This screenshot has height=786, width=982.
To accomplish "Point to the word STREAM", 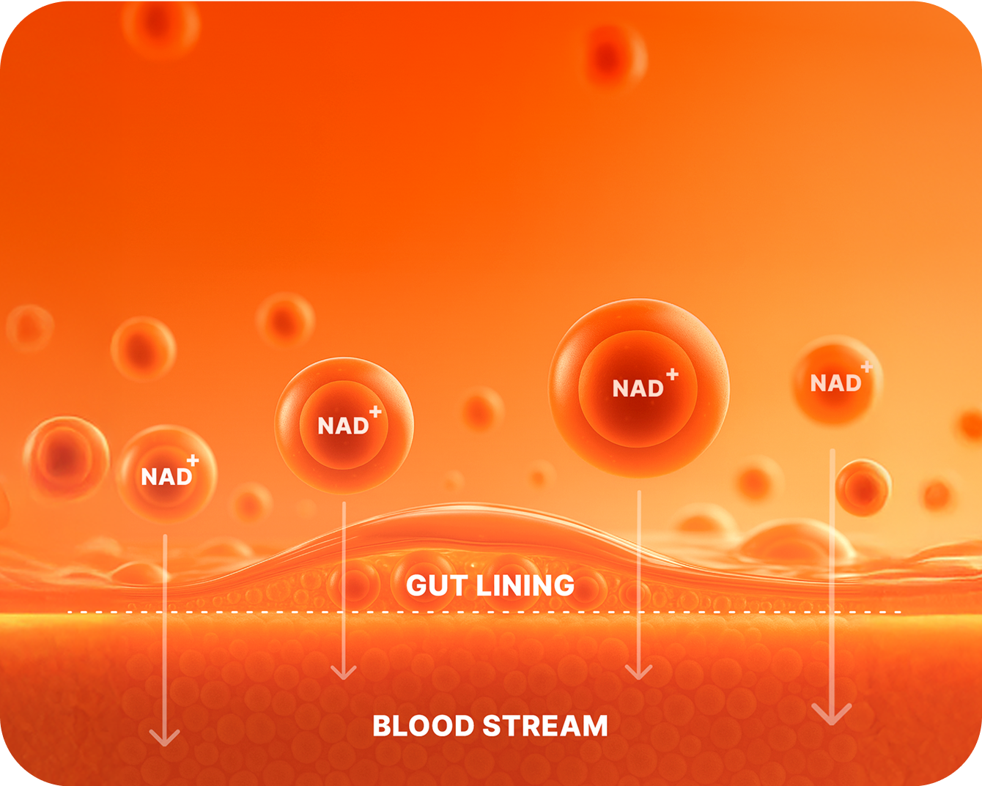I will tap(545, 726).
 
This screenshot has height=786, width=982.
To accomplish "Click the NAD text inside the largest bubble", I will tap(638, 388).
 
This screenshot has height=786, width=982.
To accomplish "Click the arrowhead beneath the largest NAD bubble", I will tap(639, 671).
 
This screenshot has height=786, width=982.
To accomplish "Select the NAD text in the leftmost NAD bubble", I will tap(166, 477).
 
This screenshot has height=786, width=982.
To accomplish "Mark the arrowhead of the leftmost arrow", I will tap(165, 737).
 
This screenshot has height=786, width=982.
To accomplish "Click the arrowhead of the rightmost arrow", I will tap(832, 713).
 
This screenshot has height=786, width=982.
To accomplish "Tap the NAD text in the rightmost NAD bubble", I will tap(835, 383).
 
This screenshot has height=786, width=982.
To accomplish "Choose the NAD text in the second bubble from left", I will tap(343, 426).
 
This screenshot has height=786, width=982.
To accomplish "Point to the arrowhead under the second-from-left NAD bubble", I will tap(344, 671).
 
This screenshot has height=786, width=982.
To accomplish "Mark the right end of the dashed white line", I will tap(900, 612).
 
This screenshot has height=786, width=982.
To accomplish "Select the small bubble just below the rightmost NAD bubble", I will tap(863, 487).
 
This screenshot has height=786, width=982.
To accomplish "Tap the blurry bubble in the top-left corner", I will tap(160, 26).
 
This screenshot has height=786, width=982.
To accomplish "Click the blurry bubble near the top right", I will tap(608, 55).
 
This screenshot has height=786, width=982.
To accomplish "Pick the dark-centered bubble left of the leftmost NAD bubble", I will tap(65, 459).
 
